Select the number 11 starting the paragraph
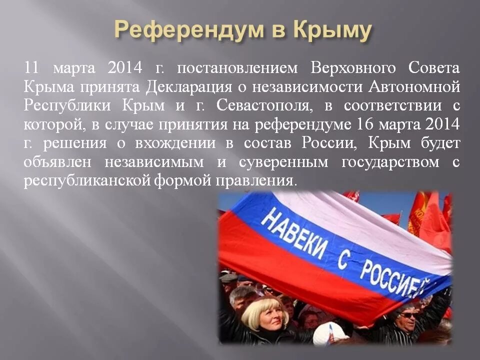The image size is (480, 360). click(x=31, y=67)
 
